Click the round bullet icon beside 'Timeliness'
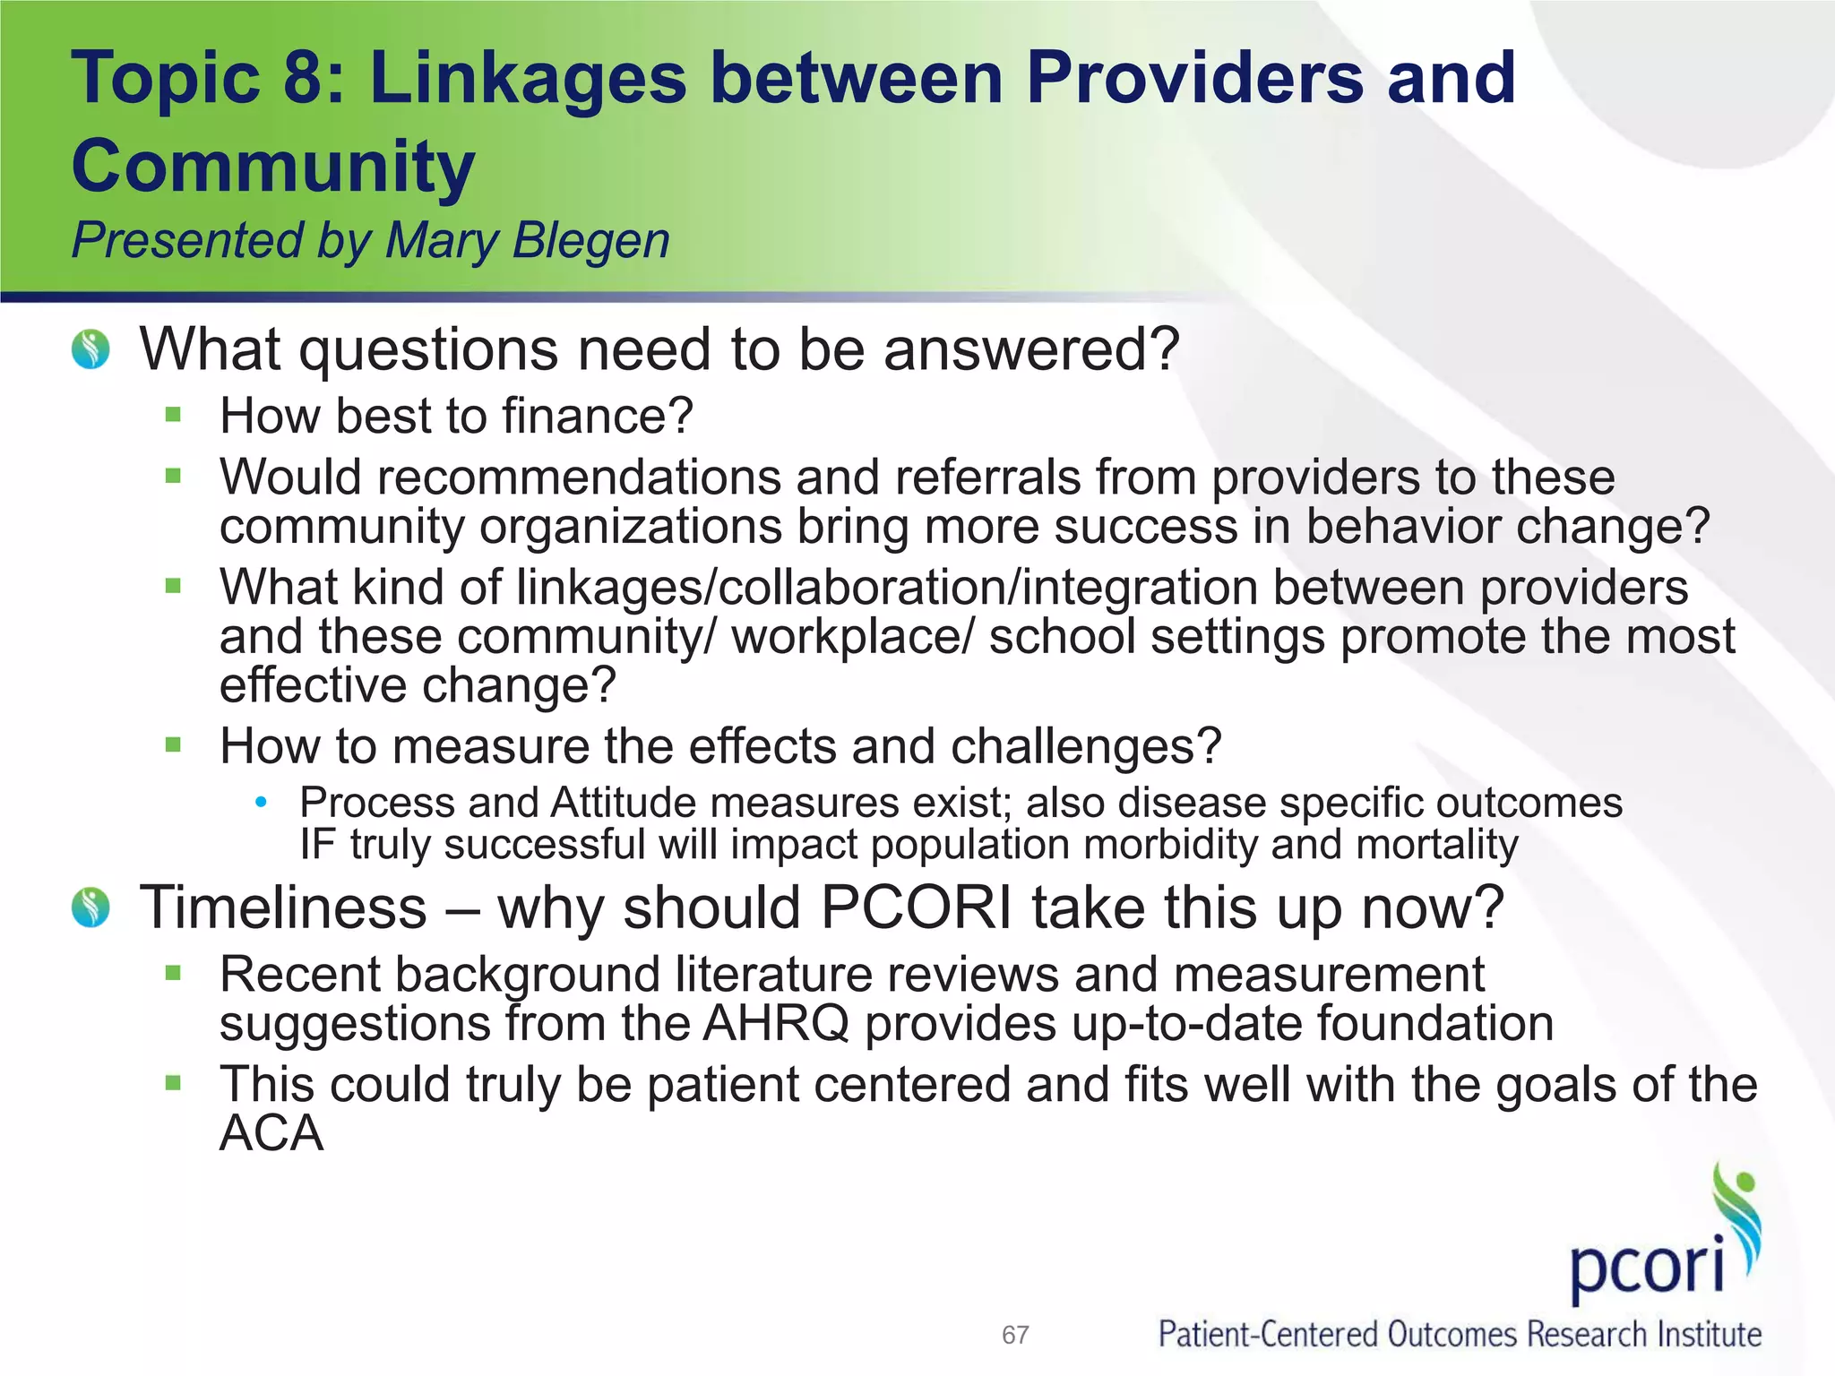[x=90, y=907]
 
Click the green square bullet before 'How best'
[x=174, y=415]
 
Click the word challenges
[x=1085, y=746]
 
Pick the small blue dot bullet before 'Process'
[x=261, y=803]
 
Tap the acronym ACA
[x=271, y=1134]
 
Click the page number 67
[x=1015, y=1336]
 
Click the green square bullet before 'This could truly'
[x=174, y=1083]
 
